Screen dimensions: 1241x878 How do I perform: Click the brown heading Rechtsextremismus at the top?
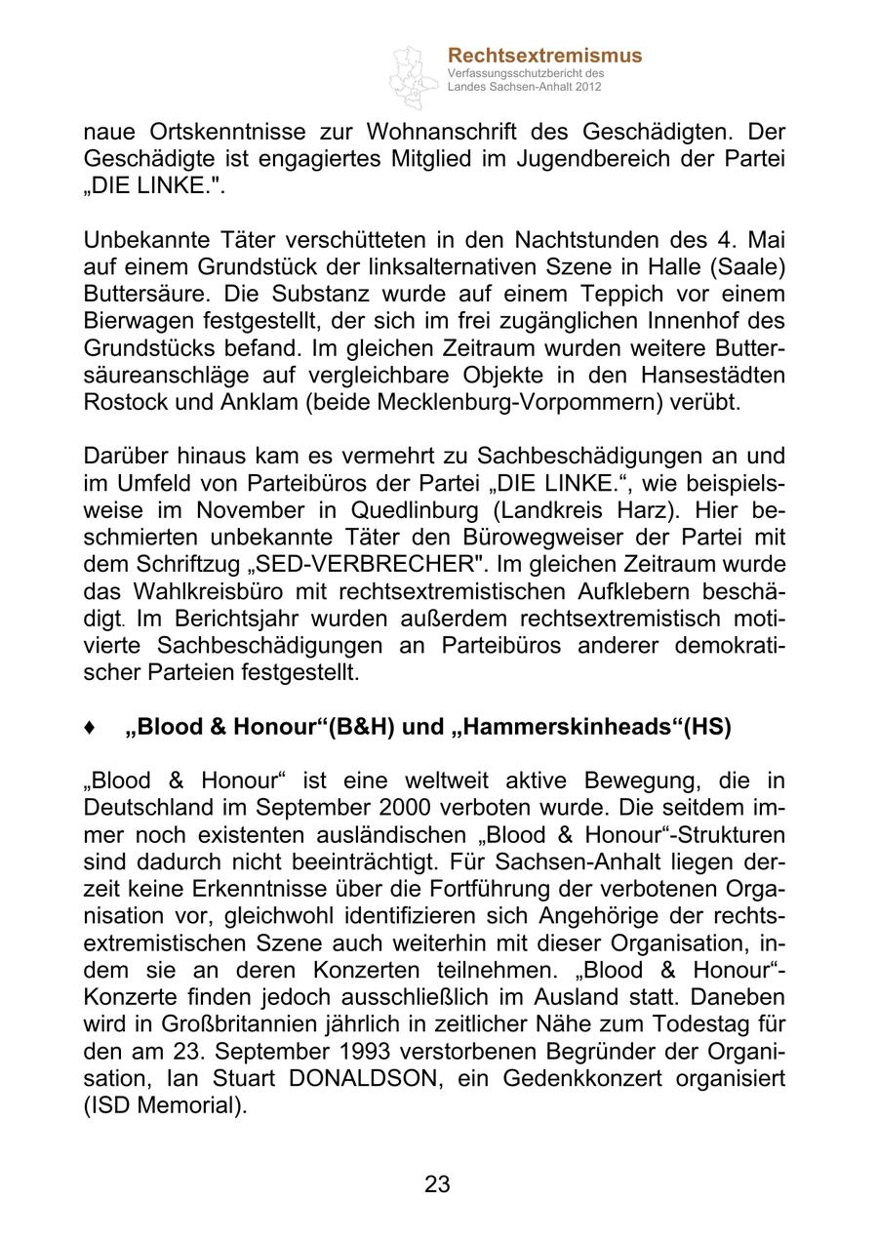click(544, 56)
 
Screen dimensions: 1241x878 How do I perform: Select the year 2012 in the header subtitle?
click(588, 87)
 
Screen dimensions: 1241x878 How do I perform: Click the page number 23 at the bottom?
click(437, 1184)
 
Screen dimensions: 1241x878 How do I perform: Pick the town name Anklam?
click(261, 403)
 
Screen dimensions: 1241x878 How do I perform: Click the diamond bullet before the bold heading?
click(90, 728)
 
